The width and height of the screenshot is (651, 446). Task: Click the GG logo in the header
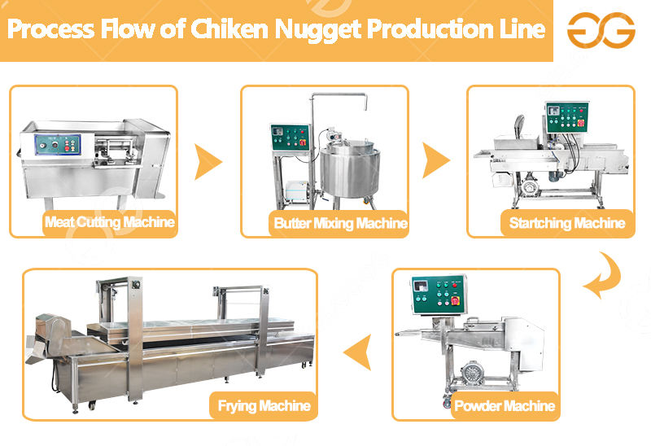click(x=601, y=29)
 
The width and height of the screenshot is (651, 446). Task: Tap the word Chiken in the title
click(x=225, y=29)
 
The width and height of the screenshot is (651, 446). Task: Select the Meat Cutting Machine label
click(x=109, y=221)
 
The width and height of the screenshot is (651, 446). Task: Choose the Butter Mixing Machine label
click(x=340, y=222)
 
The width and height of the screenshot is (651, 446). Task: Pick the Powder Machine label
click(x=505, y=404)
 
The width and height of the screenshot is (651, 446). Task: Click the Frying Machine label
click(x=263, y=404)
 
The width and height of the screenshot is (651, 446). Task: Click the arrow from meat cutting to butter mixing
click(x=208, y=162)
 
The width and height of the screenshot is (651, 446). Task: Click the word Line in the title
click(x=522, y=29)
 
